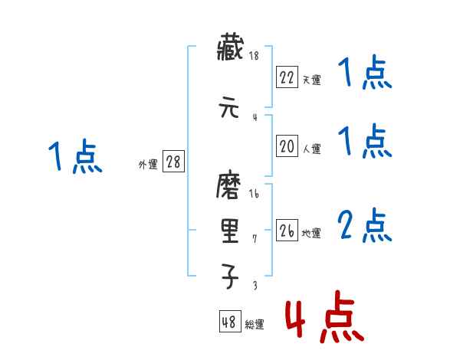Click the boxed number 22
pos(287,77)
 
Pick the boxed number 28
pos(174,162)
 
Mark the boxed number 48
pos(229,322)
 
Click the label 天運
pos(311,80)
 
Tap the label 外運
pos(148,164)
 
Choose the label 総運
pos(254,325)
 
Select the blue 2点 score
pos(365,225)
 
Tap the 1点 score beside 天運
pos(365,74)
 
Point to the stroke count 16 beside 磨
pos(254,193)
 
